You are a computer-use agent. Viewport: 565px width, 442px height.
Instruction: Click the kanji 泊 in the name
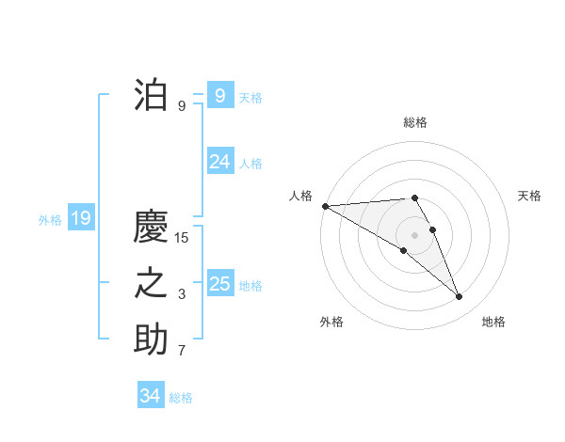pyautogui.click(x=151, y=95)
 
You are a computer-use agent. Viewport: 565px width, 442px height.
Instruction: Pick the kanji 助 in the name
pyautogui.click(x=151, y=339)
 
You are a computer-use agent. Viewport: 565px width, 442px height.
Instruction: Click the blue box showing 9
pyautogui.click(x=219, y=95)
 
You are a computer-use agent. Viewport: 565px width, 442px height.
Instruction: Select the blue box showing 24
pyautogui.click(x=219, y=162)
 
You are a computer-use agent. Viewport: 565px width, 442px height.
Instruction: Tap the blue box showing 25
pyautogui.click(x=219, y=283)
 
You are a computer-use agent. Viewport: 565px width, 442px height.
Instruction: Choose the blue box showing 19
pyautogui.click(x=80, y=219)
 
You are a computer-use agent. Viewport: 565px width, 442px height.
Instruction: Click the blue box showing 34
pyautogui.click(x=150, y=396)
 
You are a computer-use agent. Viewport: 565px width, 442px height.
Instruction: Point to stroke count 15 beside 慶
pyautogui.click(x=182, y=238)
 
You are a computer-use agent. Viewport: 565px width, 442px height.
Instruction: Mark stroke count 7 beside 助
pyautogui.click(x=182, y=352)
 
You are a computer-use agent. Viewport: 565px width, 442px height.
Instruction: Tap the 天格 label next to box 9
pyautogui.click(x=250, y=97)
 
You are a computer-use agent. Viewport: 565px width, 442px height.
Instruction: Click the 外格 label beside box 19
pyautogui.click(x=50, y=220)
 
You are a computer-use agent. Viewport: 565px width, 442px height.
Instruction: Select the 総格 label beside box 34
pyautogui.click(x=181, y=398)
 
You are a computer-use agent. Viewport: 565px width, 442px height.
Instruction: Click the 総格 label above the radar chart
pyautogui.click(x=414, y=122)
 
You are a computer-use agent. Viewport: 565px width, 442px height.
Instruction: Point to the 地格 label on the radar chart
pyautogui.click(x=493, y=322)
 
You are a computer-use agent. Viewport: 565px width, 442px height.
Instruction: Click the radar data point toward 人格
pyautogui.click(x=325, y=206)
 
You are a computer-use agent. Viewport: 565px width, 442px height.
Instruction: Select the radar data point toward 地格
pyautogui.click(x=459, y=297)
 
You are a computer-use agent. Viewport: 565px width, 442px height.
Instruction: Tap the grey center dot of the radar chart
pyautogui.click(x=414, y=234)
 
